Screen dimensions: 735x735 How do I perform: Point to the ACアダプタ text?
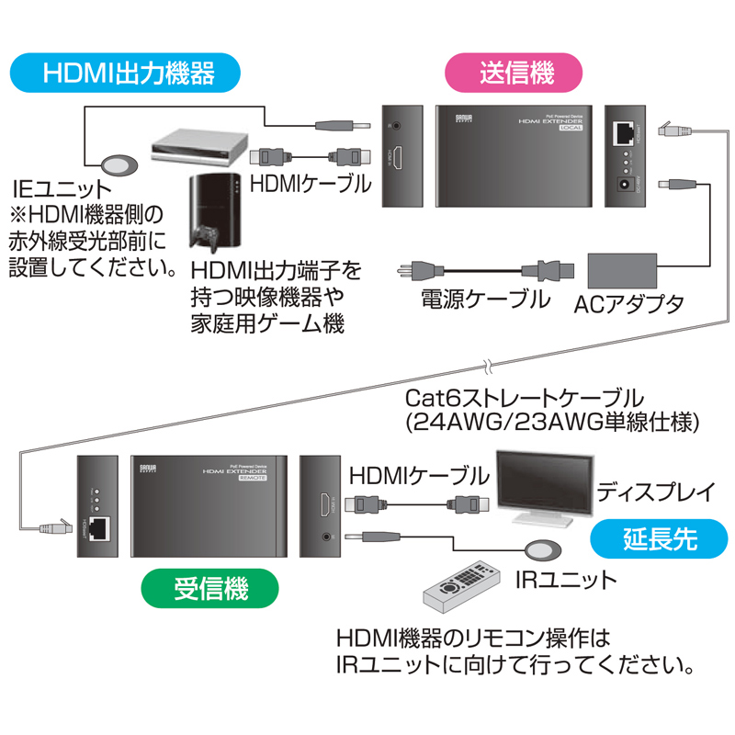[x=628, y=302]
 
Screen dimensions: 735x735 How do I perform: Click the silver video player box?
[x=198, y=146]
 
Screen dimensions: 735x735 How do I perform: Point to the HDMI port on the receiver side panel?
[x=322, y=503]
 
